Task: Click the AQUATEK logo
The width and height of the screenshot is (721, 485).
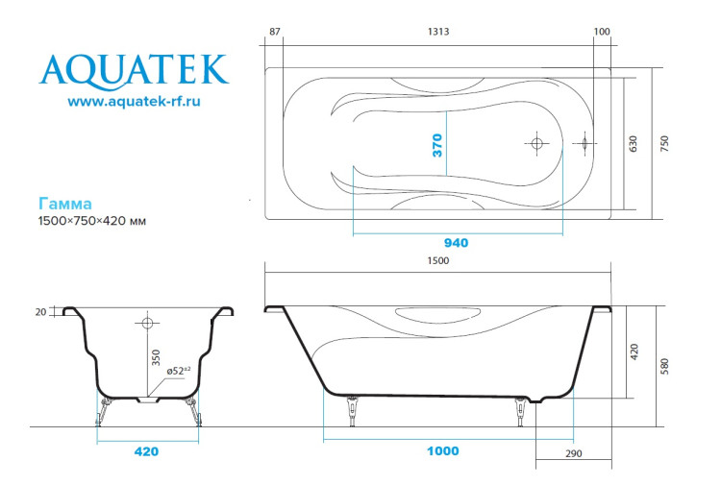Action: pos(134,69)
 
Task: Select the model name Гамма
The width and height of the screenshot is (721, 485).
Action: pos(65,204)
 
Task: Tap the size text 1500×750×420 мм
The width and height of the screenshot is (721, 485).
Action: pos(91,222)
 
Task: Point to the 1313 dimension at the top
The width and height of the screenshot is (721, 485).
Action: pos(438,32)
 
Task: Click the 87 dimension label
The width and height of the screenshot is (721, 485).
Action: pos(275,32)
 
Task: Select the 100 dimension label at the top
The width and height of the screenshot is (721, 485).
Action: pos(602,32)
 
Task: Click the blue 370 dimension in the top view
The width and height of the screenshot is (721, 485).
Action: pos(437,145)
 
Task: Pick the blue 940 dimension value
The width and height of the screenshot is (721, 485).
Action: pos(456,243)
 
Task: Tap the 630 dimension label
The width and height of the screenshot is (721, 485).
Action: pos(634,144)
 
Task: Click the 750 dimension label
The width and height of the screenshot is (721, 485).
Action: pos(664,144)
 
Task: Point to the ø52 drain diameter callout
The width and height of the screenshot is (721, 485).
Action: pos(178,369)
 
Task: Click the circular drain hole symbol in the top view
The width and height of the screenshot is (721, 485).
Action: pos(536,144)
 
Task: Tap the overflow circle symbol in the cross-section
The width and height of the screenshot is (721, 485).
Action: pos(148,321)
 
